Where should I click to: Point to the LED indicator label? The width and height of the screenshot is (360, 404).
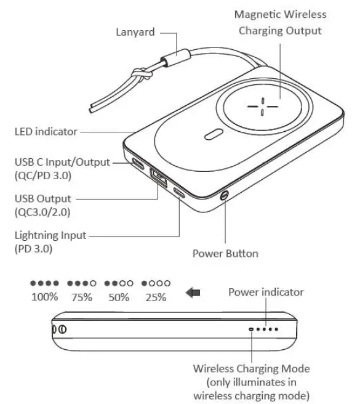coord(46,131)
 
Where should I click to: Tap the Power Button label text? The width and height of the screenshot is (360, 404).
coord(225,253)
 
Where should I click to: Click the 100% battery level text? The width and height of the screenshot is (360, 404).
coord(44,297)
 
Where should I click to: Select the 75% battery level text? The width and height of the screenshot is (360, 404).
coord(82,297)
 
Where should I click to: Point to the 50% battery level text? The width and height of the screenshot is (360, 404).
coord(118,297)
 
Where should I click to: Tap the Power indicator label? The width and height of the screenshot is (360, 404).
coord(266,292)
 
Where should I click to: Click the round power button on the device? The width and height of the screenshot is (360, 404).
coord(225,196)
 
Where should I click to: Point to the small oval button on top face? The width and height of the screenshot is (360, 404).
coord(213,135)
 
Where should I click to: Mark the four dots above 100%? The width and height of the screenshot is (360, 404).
coord(44,284)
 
